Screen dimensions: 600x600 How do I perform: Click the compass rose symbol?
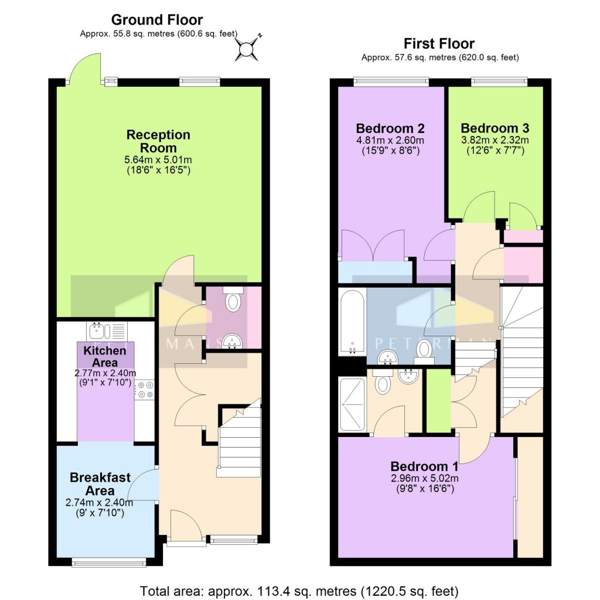pos(247,48)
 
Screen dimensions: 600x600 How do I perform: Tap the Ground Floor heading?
pos(156,20)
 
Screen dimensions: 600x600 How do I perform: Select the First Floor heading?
pos(439,43)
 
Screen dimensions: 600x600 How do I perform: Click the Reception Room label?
pos(158,141)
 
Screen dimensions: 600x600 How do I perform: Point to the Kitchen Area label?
pos(105,356)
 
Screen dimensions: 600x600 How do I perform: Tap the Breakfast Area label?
pos(100,484)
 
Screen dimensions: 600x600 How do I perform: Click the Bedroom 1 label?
pos(425,466)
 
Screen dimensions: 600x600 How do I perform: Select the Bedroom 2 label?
pos(390,128)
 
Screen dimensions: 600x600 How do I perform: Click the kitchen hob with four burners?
pos(145,390)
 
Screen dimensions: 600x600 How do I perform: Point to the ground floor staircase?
pos(238,441)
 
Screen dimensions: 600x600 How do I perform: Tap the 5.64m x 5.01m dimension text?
pos(158,160)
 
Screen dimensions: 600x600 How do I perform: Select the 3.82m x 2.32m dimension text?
pos(495,140)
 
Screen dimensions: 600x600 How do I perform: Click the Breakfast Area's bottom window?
pos(100,562)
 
